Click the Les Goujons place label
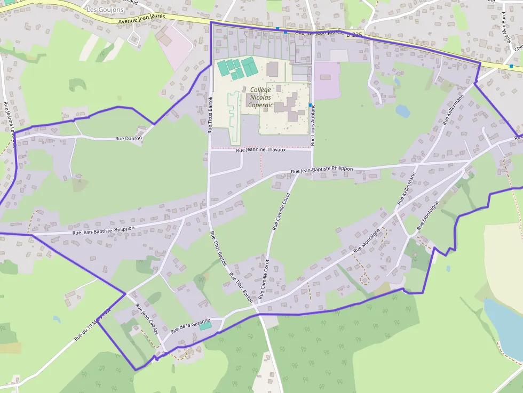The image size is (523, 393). (x=105, y=10)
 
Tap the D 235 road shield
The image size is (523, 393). (x=354, y=35)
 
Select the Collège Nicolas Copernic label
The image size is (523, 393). (x=260, y=98)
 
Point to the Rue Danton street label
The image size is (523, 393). (x=129, y=139)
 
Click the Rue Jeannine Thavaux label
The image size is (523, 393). (x=261, y=150)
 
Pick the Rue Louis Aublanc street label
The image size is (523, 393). (x=313, y=126)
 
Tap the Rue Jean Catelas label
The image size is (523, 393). (x=147, y=319)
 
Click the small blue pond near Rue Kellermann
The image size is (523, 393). (x=403, y=111)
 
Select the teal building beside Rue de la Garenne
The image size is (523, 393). (x=205, y=325)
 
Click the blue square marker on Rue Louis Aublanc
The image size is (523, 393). (x=310, y=105)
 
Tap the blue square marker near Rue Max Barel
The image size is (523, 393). (x=511, y=66)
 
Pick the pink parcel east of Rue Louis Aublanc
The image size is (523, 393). (x=327, y=80)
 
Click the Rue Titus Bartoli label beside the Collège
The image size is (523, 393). (x=210, y=115)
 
